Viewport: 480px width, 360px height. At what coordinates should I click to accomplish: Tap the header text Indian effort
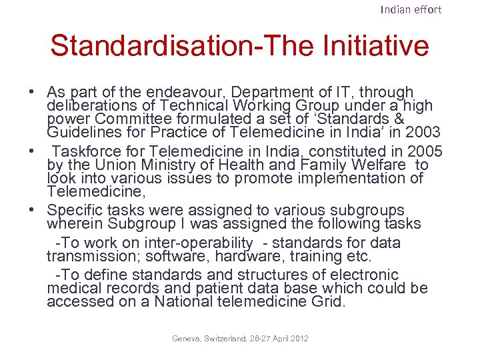tap(411, 9)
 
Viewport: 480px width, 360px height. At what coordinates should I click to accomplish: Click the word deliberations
tap(90, 106)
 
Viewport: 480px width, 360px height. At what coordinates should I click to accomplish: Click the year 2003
tap(423, 132)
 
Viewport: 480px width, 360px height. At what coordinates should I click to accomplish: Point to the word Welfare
tap(377, 165)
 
